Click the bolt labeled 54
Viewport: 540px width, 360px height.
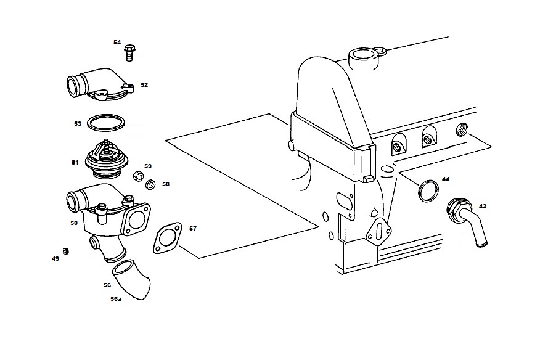point(129,53)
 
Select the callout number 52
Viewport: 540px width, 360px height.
point(144,84)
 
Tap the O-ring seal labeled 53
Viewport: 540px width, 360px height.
point(106,123)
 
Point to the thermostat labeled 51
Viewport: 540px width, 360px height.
point(107,159)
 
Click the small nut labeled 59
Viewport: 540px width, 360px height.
point(137,176)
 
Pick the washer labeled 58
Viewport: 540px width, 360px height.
point(150,185)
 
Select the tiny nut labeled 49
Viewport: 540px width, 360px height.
point(65,251)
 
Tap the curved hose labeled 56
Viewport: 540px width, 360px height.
point(133,279)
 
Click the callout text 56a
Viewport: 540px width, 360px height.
point(116,299)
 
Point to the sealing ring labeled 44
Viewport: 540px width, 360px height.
point(428,190)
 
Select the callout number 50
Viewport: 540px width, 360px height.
point(74,223)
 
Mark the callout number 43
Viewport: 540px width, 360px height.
point(483,206)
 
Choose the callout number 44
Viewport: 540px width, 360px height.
point(446,179)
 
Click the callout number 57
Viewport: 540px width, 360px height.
point(193,229)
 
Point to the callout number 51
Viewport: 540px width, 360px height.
point(75,162)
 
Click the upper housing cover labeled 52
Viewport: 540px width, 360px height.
point(100,84)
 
